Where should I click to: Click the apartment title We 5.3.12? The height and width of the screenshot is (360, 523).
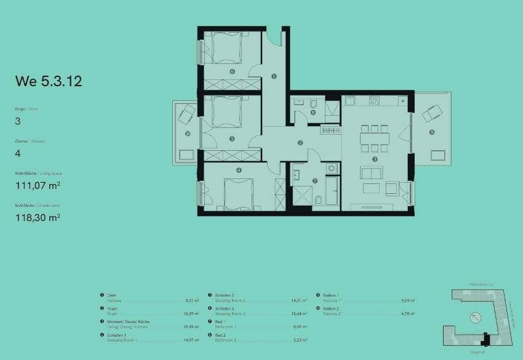49,81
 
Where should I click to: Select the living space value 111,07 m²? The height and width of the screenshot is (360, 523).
38,185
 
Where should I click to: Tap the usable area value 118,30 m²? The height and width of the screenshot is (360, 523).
38,217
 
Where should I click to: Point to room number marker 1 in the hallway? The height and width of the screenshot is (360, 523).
274,76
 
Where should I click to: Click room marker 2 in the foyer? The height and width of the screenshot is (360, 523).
300,143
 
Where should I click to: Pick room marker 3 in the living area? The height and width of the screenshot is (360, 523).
375,159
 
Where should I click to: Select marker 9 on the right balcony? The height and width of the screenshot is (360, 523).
432,132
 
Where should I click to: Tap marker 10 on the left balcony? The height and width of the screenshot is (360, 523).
187,132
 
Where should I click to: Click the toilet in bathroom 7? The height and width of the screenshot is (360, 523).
318,200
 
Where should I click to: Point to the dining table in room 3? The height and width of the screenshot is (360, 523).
375,138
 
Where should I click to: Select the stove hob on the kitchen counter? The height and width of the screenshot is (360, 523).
373,100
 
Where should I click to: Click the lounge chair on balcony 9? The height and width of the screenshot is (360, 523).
433,113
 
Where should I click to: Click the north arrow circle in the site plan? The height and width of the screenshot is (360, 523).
474,318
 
